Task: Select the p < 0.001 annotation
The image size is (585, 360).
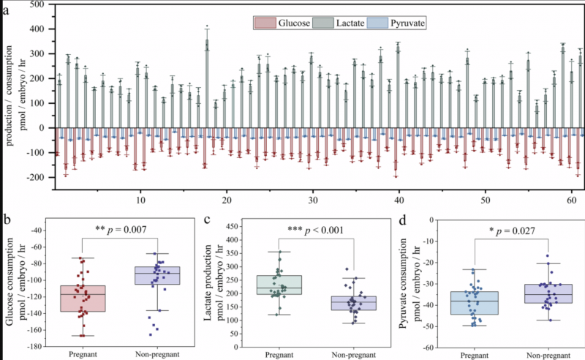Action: point(315,230)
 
